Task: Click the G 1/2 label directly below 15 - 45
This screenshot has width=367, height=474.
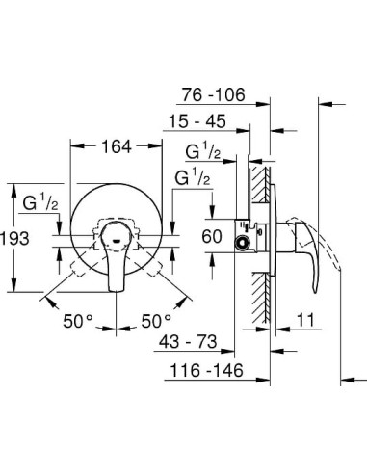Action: click(203, 151)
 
